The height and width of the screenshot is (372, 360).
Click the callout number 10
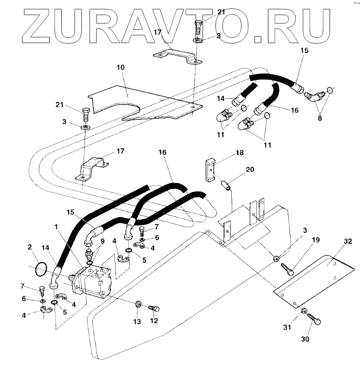point(120,68)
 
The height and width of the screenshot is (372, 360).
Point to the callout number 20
point(250,170)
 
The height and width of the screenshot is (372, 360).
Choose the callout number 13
point(137,321)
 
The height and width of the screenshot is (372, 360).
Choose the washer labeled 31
point(304,312)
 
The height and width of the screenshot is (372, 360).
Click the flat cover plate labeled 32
point(314,275)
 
